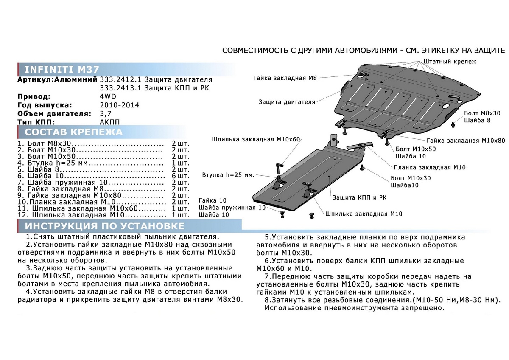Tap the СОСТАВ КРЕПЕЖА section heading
coord(73,132)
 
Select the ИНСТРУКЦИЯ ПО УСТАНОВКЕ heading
coord(104,226)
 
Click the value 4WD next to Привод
coord(107,96)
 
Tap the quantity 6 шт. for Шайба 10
coord(181,175)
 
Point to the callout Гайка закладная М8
coord(285,78)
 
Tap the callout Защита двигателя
coord(287,102)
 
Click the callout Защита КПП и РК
coord(359,197)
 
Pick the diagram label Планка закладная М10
coord(429,167)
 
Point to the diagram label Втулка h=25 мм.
coord(228,174)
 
